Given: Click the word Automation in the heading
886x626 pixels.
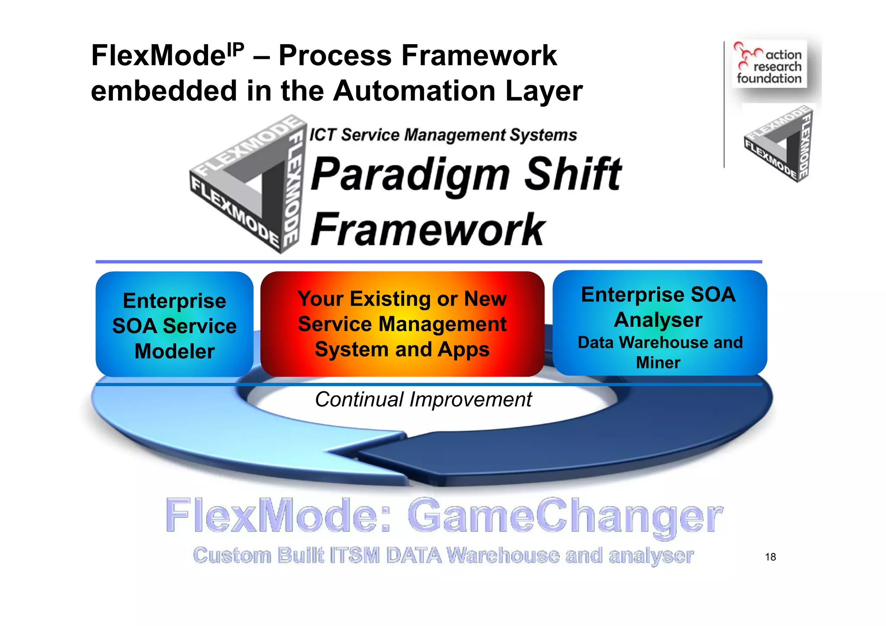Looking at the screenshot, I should click(x=414, y=91).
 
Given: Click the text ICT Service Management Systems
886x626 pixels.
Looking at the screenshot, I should click(x=443, y=135).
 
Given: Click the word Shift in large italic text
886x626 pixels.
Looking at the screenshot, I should click(x=573, y=174).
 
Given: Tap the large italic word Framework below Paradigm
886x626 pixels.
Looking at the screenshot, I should click(x=427, y=229).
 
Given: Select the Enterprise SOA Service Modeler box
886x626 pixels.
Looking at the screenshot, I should click(x=174, y=324).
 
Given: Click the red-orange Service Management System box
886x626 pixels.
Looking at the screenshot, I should click(x=402, y=324).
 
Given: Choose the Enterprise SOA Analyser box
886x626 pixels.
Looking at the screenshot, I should click(x=659, y=323).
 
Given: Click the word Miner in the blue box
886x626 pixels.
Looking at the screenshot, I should click(x=658, y=362).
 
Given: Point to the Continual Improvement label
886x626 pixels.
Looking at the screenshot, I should click(x=423, y=399).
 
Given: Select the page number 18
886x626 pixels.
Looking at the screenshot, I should click(x=770, y=557).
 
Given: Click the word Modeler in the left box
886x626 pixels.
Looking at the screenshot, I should click(x=174, y=351).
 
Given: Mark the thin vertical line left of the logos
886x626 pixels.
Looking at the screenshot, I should click(x=724, y=104).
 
